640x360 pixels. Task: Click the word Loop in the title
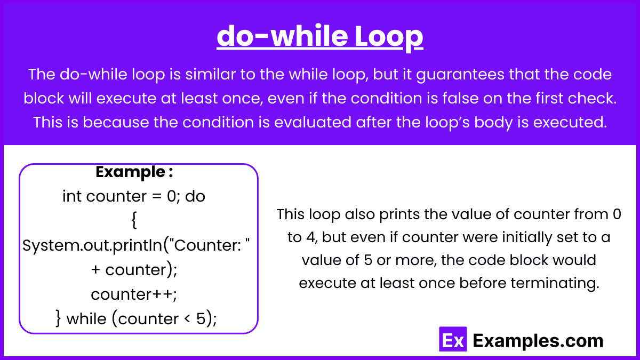[x=389, y=37]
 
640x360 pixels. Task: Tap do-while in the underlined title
[x=282, y=35]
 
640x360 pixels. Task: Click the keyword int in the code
[x=71, y=196]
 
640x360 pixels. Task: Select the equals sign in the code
[x=157, y=197]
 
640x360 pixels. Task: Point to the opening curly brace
[x=134, y=220]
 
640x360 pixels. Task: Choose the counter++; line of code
[x=134, y=294]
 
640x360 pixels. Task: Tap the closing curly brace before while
[x=58, y=318]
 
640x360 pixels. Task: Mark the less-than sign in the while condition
[x=187, y=319]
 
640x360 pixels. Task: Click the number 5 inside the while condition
[x=201, y=319]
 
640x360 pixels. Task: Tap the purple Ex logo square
[x=453, y=339]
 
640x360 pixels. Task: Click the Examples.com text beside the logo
[x=538, y=341]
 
